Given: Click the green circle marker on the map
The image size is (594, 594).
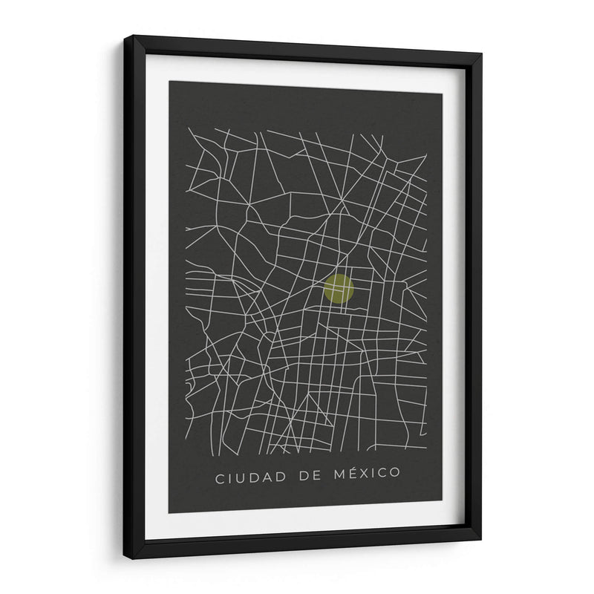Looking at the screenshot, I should [339, 289].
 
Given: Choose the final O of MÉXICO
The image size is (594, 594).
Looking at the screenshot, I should [394, 471].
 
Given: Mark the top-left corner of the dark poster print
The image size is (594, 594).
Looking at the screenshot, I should [169, 80].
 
